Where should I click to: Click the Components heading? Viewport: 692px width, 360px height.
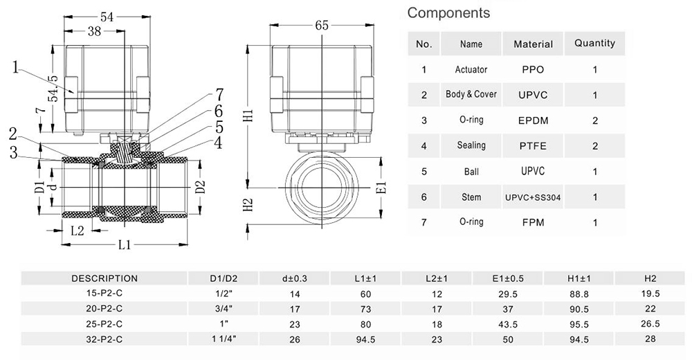(448, 12)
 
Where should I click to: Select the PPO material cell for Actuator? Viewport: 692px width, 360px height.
(533, 69)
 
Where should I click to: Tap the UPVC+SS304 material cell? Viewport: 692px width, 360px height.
(533, 197)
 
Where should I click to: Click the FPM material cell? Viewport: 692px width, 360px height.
(533, 223)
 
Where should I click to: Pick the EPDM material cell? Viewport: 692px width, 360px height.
(533, 120)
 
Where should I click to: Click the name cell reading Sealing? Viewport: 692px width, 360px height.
(471, 145)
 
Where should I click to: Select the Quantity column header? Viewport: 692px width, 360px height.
(594, 43)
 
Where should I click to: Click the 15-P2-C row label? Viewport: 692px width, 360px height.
(104, 294)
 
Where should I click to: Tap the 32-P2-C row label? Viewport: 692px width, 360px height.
(104, 339)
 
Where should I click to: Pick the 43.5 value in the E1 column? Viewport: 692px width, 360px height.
(507, 324)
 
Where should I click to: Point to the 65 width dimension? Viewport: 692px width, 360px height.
(321, 25)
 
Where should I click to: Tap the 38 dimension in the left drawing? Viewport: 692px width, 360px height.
(94, 31)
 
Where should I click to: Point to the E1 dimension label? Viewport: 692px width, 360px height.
(380, 187)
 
